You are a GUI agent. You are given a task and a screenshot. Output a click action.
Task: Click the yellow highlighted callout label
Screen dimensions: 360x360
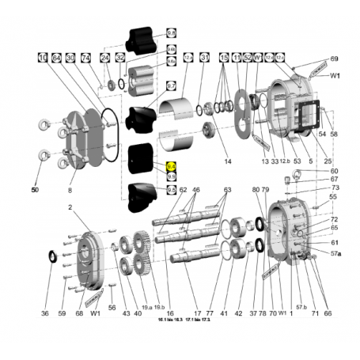pos(171,167)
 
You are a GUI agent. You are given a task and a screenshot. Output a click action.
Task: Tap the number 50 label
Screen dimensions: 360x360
pos(35,191)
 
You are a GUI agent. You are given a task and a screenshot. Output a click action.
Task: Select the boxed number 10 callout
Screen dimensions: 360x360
pos(42,58)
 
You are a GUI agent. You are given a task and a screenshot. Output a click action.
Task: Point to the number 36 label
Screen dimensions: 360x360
pos(45,313)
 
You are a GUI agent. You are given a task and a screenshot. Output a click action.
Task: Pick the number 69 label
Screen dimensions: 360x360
pos(334,59)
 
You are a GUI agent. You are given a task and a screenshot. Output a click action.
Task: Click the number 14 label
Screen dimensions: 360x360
pos(227,161)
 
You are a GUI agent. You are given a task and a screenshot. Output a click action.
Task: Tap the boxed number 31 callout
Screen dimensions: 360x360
pos(204,58)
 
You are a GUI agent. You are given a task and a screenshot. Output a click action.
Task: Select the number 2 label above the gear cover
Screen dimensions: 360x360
pos(70,207)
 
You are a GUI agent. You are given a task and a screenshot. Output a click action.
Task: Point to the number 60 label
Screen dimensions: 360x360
pos(334,172)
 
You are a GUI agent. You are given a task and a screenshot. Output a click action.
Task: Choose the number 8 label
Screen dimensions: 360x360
pos(70,191)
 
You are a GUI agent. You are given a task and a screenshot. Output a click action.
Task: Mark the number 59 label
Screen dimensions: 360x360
pos(63,313)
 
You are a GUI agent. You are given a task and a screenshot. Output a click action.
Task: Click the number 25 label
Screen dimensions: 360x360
pos(328,161)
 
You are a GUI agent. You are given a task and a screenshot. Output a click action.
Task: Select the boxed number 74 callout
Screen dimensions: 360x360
pos(85,58)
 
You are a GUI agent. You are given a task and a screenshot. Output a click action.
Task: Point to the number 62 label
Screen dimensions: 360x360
pos(183,190)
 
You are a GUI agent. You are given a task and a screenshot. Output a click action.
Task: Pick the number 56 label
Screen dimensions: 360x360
pos(112,308)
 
